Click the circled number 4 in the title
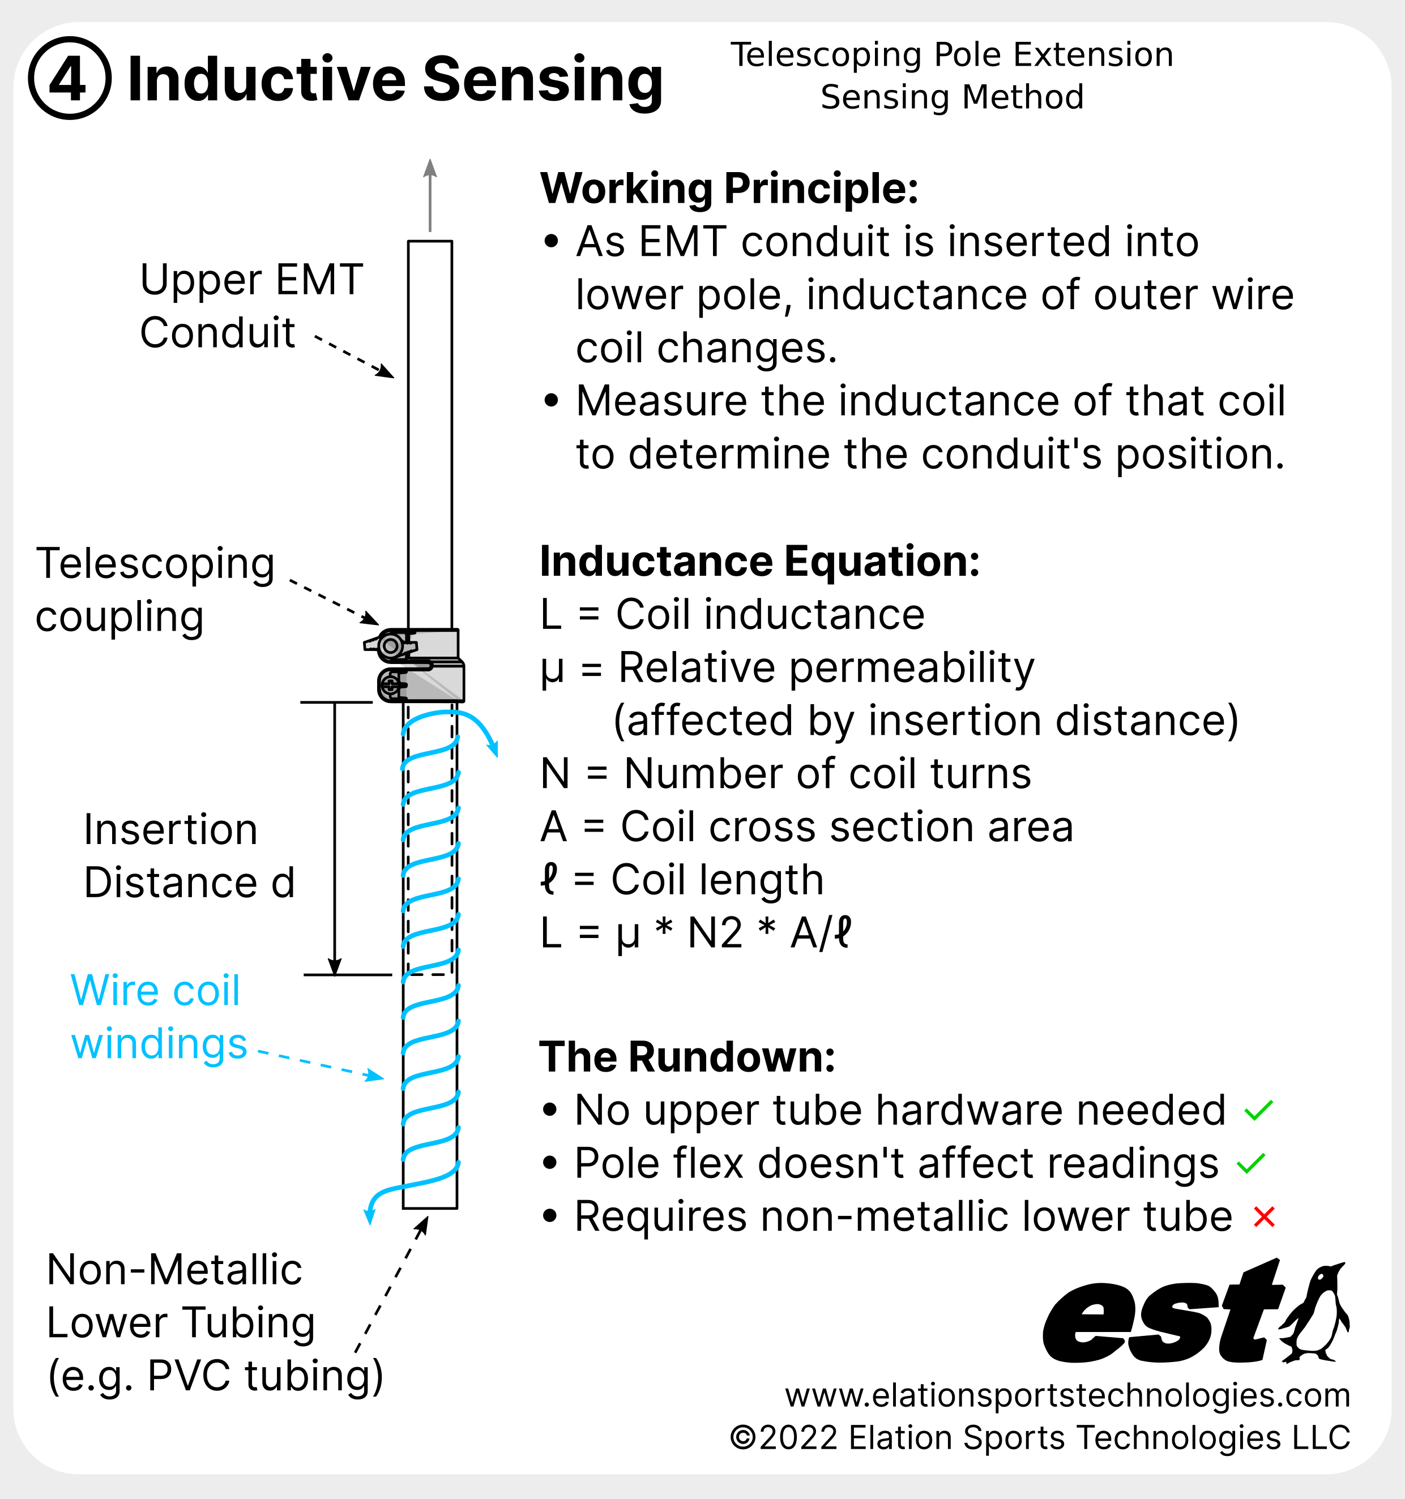(x=70, y=79)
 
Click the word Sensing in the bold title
(x=543, y=80)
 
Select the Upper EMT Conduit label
(x=251, y=305)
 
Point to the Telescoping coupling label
(x=155, y=590)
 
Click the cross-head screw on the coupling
(x=391, y=686)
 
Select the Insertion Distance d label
(x=189, y=856)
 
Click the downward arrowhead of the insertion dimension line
(x=335, y=967)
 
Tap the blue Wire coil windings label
(x=159, y=1017)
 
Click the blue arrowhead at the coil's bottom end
(x=370, y=1215)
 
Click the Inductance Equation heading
(x=759, y=561)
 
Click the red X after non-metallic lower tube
(x=1264, y=1217)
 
